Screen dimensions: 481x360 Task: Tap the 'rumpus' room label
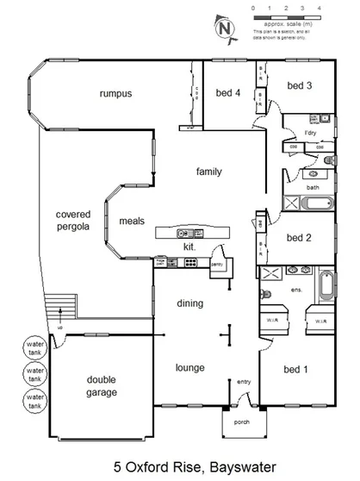click(x=115, y=93)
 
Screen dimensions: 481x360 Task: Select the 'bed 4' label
click(x=227, y=93)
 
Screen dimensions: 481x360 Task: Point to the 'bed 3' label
click(x=299, y=86)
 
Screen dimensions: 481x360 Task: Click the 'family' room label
click(x=208, y=172)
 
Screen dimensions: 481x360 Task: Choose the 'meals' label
click(x=132, y=220)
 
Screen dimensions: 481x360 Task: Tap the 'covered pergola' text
click(x=74, y=222)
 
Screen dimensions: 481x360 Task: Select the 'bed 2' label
click(x=298, y=238)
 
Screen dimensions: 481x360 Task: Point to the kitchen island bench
click(x=193, y=233)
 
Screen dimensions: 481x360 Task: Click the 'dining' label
click(x=190, y=303)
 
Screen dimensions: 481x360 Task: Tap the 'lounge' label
click(x=190, y=368)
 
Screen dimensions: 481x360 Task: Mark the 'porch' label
click(x=242, y=423)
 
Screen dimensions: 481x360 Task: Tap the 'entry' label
click(x=245, y=382)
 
